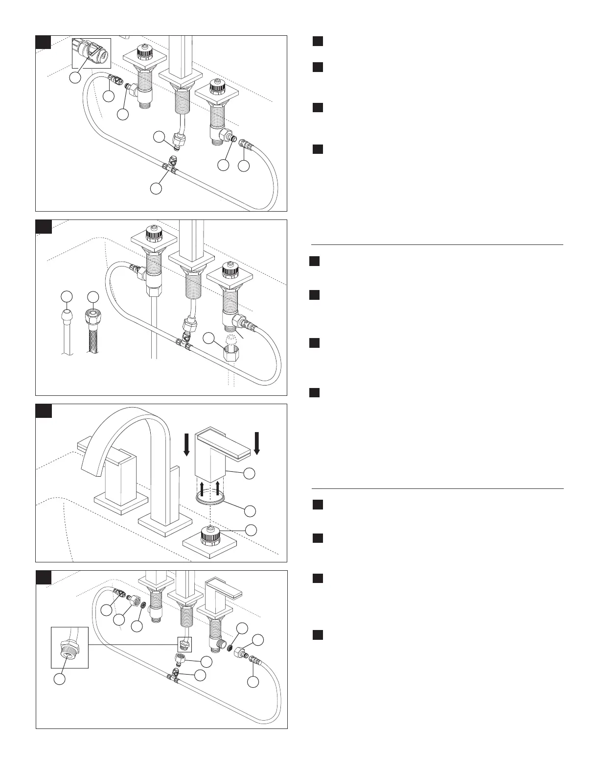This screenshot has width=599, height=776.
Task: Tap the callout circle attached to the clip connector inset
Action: click(x=75, y=78)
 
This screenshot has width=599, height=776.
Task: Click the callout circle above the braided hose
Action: click(x=92, y=296)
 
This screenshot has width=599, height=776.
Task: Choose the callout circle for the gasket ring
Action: click(x=250, y=510)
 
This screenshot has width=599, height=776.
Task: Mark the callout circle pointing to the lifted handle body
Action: click(x=250, y=473)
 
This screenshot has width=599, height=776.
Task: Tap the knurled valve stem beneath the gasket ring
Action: click(x=210, y=537)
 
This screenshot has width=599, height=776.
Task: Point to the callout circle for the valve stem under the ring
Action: click(x=251, y=530)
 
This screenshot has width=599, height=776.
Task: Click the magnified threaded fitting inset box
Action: click(x=70, y=648)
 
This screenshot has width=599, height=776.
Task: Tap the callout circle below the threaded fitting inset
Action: click(x=59, y=679)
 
